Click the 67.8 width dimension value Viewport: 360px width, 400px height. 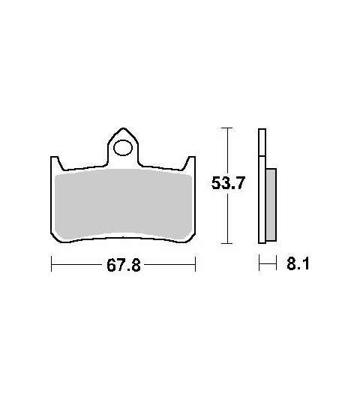(x=124, y=265)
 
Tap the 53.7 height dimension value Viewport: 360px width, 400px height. (x=228, y=182)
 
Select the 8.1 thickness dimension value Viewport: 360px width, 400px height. (x=298, y=263)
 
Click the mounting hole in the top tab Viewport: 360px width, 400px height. (x=123, y=148)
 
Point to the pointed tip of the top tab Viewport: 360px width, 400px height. (x=123, y=128)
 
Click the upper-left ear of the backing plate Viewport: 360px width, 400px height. (x=55, y=163)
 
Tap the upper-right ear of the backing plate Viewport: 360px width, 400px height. (x=190, y=163)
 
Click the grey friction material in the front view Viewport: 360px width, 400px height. (x=124, y=204)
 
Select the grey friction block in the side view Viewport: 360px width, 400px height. (x=271, y=204)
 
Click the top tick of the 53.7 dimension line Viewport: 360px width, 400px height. (x=226, y=128)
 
